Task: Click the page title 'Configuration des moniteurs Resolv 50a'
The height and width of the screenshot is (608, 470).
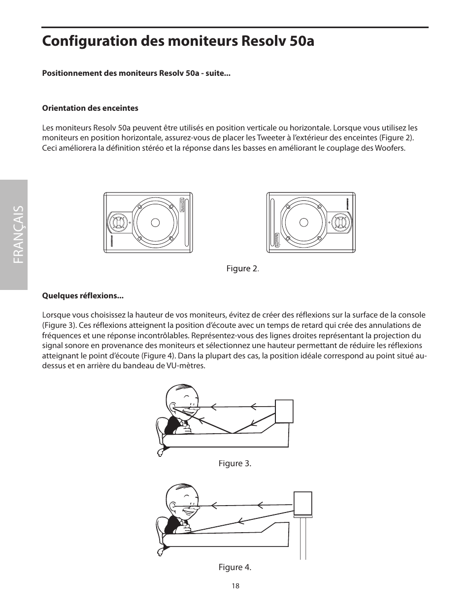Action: coord(178,41)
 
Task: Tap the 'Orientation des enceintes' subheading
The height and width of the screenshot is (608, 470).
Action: coord(90,108)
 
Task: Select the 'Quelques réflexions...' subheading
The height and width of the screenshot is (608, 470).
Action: coord(83,296)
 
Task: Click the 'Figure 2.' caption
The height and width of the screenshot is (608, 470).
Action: coord(242,268)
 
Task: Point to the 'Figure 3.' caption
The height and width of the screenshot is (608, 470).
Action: coord(235,463)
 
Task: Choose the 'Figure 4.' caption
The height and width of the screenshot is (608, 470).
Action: coord(235,567)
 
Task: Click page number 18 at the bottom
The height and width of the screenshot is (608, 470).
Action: coord(235,586)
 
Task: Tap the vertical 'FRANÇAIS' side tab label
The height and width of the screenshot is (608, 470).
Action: coord(14,234)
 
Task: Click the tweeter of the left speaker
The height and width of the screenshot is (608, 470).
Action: coord(118,223)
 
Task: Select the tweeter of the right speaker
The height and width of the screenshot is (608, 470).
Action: coord(340,223)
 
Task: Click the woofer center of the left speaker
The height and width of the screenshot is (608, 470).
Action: coord(155,223)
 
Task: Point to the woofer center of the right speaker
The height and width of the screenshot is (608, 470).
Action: coord(303,223)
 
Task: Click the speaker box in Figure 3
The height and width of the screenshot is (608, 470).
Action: coord(284,411)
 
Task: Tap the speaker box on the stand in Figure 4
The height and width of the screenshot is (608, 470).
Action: coord(302,503)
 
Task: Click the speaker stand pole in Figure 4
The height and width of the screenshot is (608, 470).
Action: coord(303,539)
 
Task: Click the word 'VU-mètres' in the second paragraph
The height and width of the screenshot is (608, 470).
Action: coord(188,366)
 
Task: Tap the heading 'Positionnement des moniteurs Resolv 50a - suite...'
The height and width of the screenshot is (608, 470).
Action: coord(136,74)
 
